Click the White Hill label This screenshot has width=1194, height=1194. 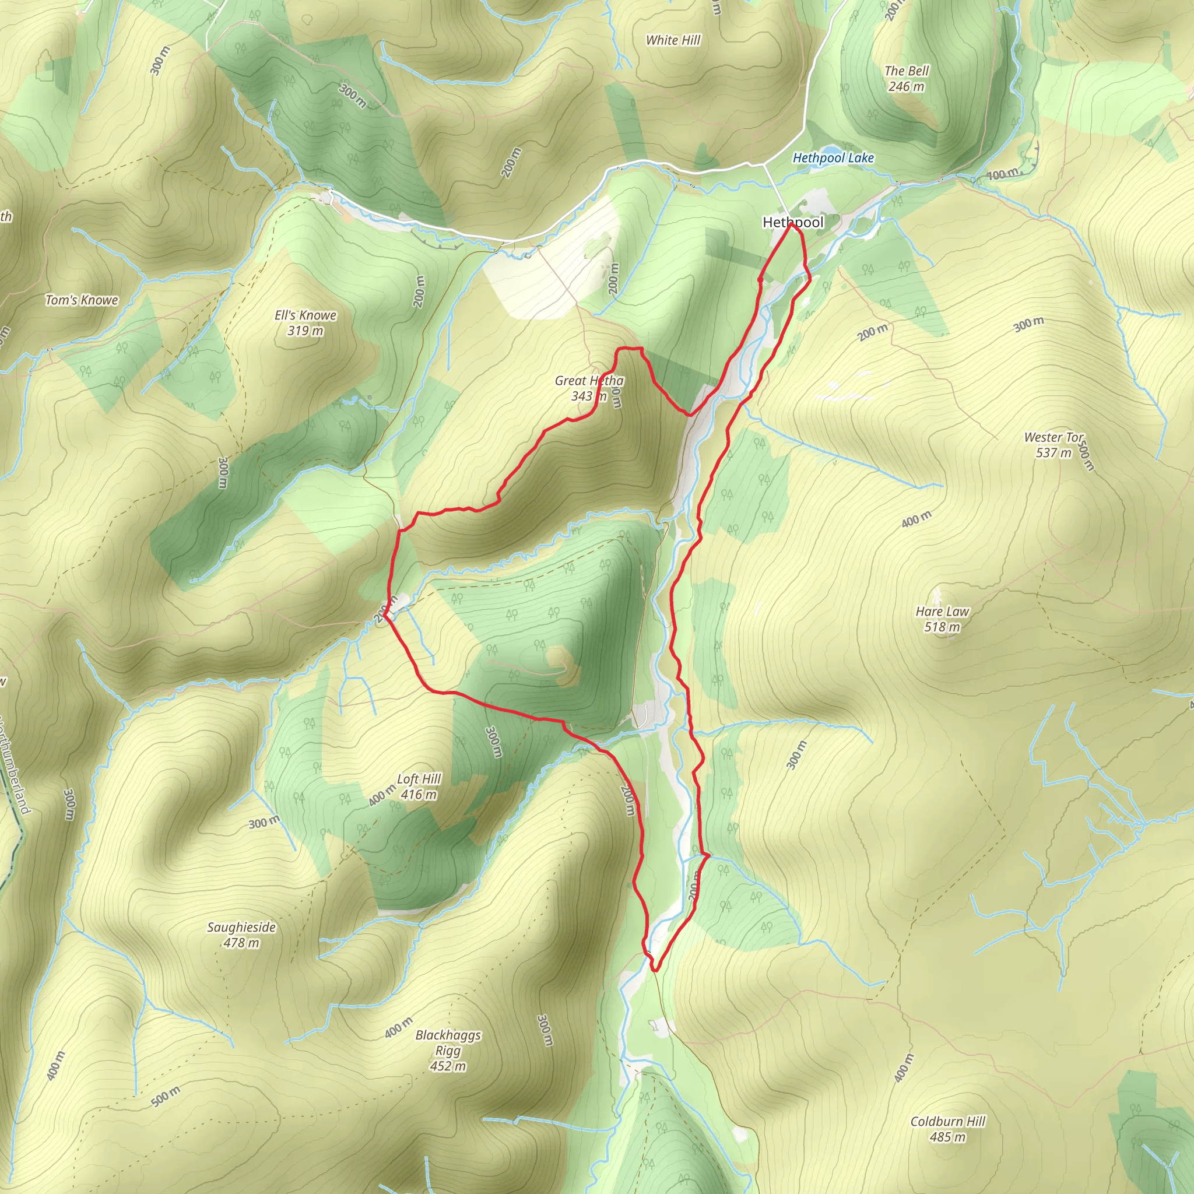(673, 41)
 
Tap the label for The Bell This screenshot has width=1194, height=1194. (907, 71)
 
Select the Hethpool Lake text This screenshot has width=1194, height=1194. (833, 158)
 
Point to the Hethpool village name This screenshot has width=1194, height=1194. (793, 223)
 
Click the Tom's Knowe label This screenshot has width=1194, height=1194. (82, 300)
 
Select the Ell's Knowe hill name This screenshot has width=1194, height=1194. (305, 315)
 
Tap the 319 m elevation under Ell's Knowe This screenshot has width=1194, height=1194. (305, 331)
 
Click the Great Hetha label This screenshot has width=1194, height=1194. (589, 381)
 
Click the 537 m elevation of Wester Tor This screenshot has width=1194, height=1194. (1053, 453)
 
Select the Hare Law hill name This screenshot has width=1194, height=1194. (943, 611)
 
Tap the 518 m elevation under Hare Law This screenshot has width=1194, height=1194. (943, 627)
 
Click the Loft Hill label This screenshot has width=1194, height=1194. (419, 779)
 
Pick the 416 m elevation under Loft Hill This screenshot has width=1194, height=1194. (419, 795)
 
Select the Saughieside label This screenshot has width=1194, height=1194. (241, 927)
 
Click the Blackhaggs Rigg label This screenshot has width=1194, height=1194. (448, 1042)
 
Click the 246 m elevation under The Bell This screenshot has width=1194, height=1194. (907, 86)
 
